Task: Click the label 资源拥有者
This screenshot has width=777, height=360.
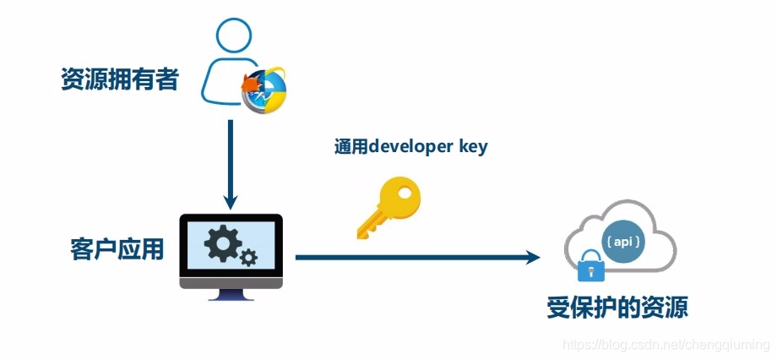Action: pyautogui.click(x=119, y=80)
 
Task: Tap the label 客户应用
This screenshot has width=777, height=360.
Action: pyautogui.click(x=117, y=249)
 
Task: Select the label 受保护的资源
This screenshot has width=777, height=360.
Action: pyautogui.click(x=617, y=307)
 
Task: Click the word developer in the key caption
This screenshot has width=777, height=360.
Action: pyautogui.click(x=411, y=146)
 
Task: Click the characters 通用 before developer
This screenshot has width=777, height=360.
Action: pyautogui.click(x=349, y=146)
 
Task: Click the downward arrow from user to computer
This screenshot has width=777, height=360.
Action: pyautogui.click(x=230, y=165)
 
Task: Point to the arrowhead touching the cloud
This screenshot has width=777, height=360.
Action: pyautogui.click(x=531, y=256)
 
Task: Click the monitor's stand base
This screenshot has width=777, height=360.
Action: pyautogui.click(x=231, y=297)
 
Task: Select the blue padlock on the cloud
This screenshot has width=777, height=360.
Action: pyautogui.click(x=590, y=267)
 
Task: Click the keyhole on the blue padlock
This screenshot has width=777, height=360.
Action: pyautogui.click(x=590, y=271)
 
